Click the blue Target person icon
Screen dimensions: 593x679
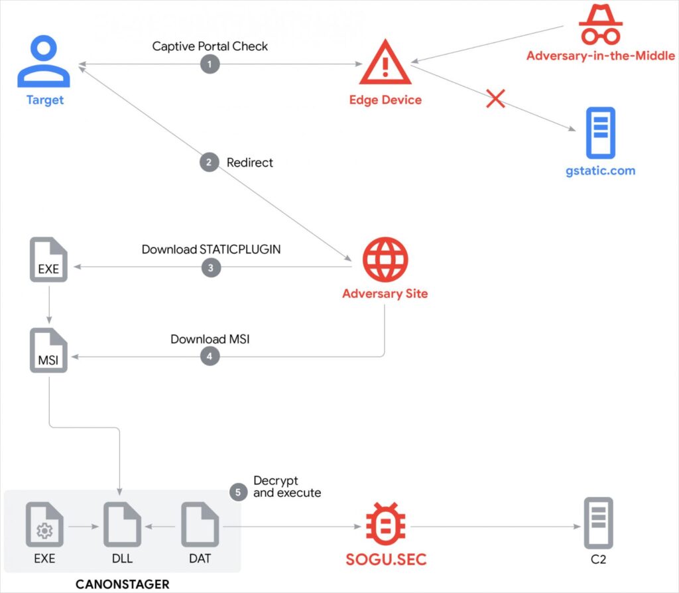click(44, 62)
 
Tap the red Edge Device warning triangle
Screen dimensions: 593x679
click(385, 64)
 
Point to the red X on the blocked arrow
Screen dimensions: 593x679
click(496, 99)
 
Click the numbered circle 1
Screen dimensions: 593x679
click(210, 64)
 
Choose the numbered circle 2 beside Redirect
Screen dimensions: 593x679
click(210, 163)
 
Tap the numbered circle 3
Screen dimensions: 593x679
click(210, 267)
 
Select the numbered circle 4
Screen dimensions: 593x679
click(210, 356)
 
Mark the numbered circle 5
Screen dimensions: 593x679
click(238, 492)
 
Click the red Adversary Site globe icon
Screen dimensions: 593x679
click(385, 259)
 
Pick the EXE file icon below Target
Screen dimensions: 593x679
click(48, 261)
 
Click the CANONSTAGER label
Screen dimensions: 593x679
click(122, 584)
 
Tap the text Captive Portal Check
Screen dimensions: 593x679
click(210, 46)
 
